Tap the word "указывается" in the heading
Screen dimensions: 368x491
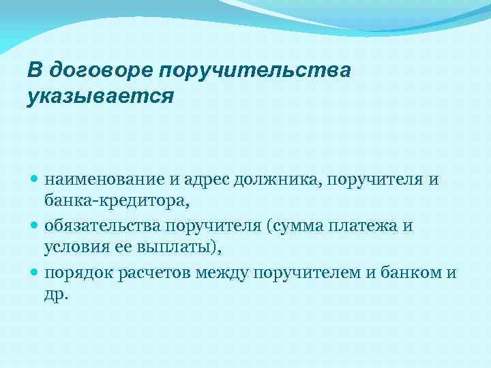click(100, 96)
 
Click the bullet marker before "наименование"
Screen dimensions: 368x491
click(35, 180)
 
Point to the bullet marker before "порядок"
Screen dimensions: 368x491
click(35, 273)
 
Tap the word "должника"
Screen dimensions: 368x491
click(278, 180)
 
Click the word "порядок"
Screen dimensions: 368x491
click(77, 273)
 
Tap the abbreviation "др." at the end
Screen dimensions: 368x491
click(57, 294)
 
